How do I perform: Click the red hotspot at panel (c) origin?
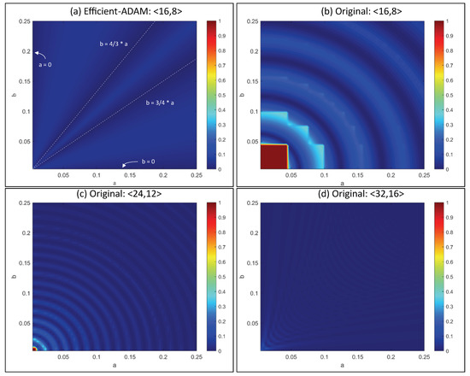34,349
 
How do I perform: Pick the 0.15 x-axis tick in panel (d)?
361,359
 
